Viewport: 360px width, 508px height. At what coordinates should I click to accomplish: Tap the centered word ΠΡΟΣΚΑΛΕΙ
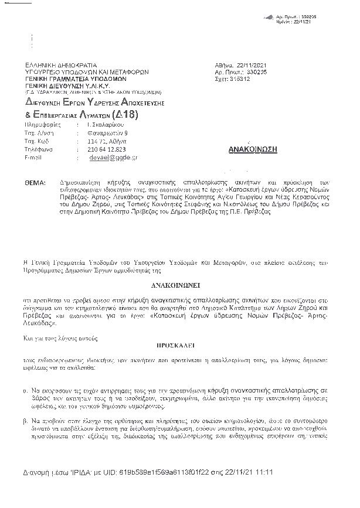(180, 346)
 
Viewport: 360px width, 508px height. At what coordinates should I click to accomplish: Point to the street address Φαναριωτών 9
(97, 133)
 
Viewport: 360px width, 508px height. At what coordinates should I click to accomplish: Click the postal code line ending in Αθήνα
(97, 141)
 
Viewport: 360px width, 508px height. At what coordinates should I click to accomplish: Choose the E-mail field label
(35, 158)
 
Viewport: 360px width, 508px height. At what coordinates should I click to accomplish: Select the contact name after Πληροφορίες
(97, 125)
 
